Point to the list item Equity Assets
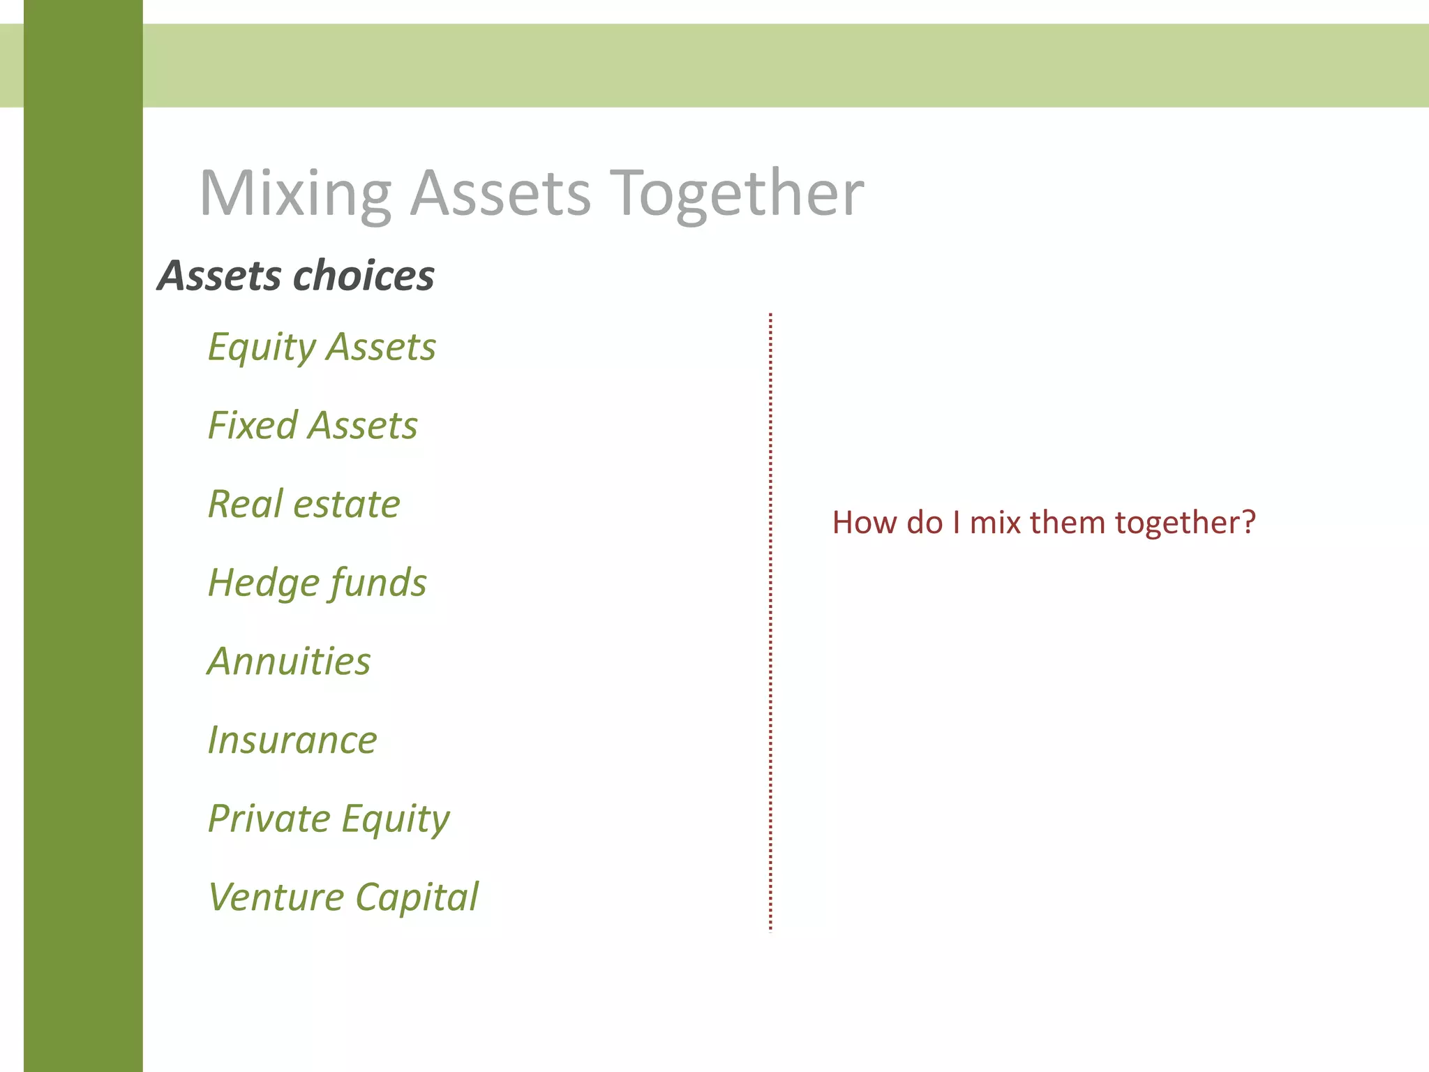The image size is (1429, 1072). coord(322,347)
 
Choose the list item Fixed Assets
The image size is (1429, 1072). coord(313,426)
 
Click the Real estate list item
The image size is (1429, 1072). coord(304,504)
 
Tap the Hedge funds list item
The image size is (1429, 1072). coord(317,583)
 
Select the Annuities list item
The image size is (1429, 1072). coord(290,662)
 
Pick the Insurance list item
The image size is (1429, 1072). coord(292,740)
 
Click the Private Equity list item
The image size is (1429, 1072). coord(329,819)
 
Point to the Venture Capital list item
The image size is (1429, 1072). coord(343,898)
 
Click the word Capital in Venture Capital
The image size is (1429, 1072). coord(417,898)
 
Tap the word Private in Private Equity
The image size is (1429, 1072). coord(269,819)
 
